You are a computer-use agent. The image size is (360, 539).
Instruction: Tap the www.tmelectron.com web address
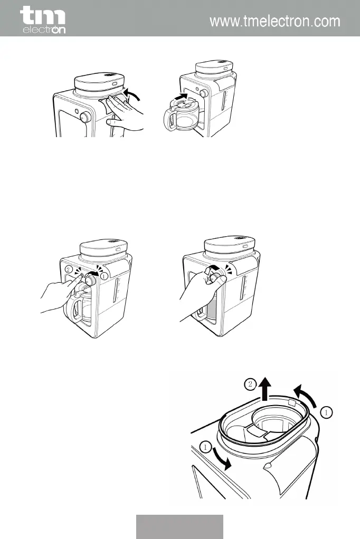pos(274,22)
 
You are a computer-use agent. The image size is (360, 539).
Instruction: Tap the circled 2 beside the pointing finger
pos(68,269)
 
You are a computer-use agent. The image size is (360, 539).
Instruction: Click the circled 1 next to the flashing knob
pos(105,276)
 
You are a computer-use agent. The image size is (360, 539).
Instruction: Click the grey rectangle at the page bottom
pos(179,526)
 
